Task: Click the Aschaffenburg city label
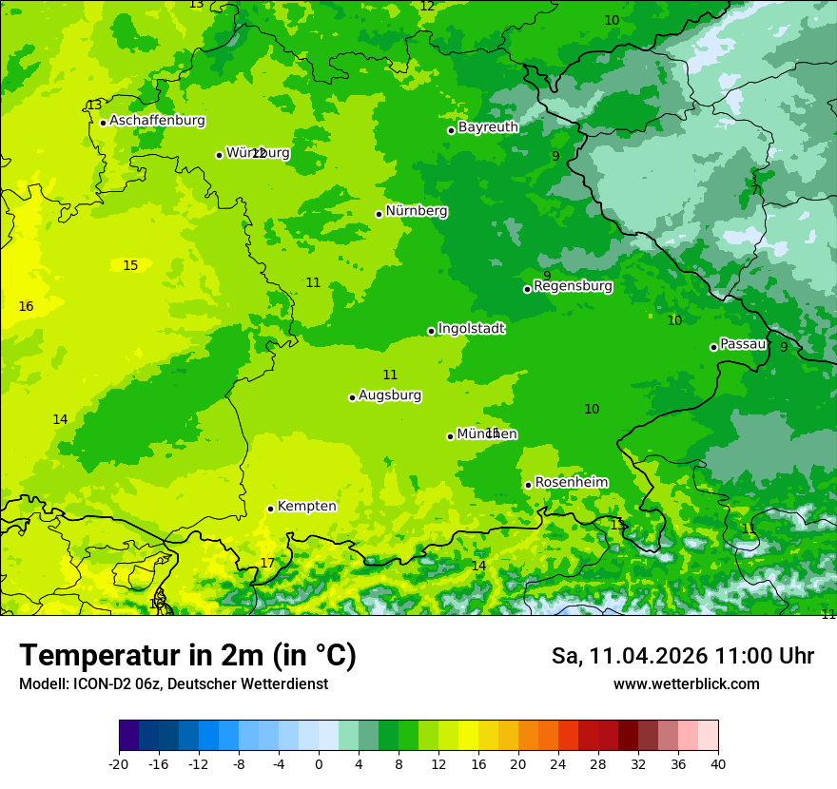click(x=157, y=121)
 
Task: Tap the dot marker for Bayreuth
click(x=451, y=130)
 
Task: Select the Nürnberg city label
click(x=417, y=211)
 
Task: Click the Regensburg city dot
click(x=527, y=289)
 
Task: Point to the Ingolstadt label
click(x=471, y=329)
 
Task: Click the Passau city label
click(x=743, y=344)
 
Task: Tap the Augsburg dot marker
click(x=352, y=397)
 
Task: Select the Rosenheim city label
click(x=571, y=483)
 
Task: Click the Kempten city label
click(x=306, y=507)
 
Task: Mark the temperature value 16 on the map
click(x=26, y=307)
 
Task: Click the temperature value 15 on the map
click(x=130, y=266)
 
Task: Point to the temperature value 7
click(x=755, y=190)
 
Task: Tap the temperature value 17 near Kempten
click(x=267, y=564)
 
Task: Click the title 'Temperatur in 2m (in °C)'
click(x=187, y=656)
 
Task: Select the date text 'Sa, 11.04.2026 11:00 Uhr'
click(x=682, y=656)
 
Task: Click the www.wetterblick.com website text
click(x=686, y=684)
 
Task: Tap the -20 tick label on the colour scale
click(x=119, y=764)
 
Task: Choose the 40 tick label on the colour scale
click(x=718, y=764)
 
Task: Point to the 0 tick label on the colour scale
click(x=319, y=764)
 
